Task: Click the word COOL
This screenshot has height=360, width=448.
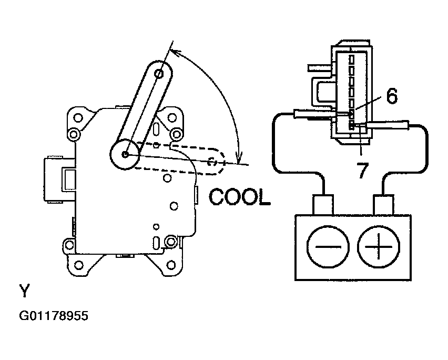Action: [x=239, y=197]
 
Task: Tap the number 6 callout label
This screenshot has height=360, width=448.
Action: [x=392, y=96]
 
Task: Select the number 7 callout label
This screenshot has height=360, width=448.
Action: [x=363, y=170]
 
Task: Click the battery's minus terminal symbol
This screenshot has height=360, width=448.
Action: [x=328, y=246]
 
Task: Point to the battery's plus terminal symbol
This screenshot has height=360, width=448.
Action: [x=378, y=246]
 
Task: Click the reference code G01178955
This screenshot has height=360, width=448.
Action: [x=54, y=316]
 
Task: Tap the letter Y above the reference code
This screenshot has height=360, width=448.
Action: [x=24, y=291]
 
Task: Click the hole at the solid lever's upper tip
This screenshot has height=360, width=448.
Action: [x=159, y=74]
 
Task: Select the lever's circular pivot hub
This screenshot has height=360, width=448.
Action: [x=125, y=154]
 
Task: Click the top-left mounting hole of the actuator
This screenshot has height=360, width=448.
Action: [x=78, y=117]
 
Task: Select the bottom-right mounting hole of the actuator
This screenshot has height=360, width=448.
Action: [x=171, y=265]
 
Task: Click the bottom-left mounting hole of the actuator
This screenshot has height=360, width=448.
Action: [x=78, y=265]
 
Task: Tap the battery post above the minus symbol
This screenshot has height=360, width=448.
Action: [x=323, y=205]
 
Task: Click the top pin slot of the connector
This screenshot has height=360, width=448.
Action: [x=351, y=59]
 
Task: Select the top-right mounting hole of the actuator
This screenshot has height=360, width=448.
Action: [x=172, y=117]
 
